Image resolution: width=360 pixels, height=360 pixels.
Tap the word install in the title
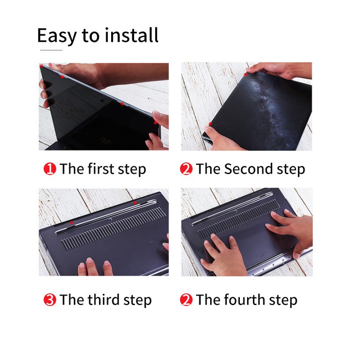pos(131,35)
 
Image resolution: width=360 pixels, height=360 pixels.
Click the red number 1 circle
pos(50,169)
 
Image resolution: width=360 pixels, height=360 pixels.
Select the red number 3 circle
pos(50,300)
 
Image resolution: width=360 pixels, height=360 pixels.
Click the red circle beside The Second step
pos(186,169)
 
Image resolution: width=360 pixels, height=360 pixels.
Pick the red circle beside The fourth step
pos(186,300)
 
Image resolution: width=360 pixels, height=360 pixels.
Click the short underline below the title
pos(51,50)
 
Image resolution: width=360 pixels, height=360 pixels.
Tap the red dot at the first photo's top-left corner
pos(41,66)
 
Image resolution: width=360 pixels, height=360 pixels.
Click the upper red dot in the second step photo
pos(245,74)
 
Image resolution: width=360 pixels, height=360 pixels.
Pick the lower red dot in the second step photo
pos(210,124)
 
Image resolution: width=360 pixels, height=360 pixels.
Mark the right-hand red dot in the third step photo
pos(135,202)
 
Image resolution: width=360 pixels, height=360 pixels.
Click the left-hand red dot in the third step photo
pos(72,222)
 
